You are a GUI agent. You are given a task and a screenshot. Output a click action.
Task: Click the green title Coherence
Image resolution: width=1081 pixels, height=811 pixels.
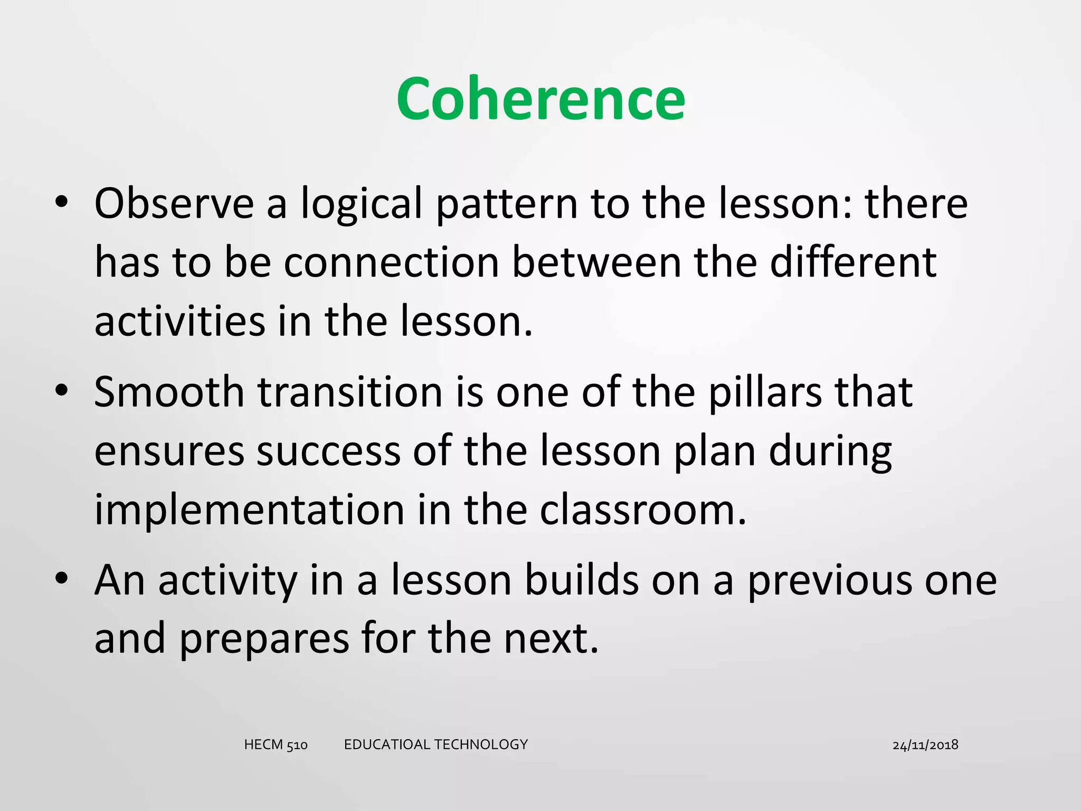click(540, 99)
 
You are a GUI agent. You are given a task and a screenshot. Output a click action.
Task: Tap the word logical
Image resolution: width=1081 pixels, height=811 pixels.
click(362, 205)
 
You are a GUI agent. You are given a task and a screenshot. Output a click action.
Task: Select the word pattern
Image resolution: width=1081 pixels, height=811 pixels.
click(507, 205)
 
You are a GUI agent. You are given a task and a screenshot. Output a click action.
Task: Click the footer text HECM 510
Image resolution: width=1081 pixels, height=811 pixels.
click(276, 744)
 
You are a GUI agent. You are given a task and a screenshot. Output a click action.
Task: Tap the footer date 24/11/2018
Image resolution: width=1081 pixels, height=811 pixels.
click(925, 745)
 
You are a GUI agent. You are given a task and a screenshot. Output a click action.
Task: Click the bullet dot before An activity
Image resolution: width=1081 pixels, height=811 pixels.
click(62, 578)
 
